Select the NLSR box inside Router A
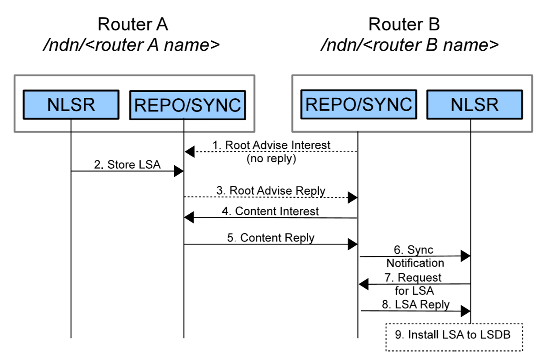click(x=71, y=104)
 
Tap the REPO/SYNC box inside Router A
click(x=187, y=105)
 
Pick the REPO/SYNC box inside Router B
click(x=359, y=104)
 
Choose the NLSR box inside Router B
click(x=474, y=104)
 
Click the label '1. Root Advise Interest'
click(x=271, y=145)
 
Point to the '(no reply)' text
click(x=271, y=158)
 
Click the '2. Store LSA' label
click(x=127, y=165)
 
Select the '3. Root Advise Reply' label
click(x=270, y=191)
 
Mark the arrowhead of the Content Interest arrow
click(x=189, y=217)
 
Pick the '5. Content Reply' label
click(x=270, y=238)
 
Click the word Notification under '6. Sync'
click(x=415, y=263)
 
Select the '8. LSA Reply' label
click(x=416, y=304)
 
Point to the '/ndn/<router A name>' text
click(x=131, y=46)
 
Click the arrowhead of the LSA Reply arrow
click(x=465, y=312)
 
